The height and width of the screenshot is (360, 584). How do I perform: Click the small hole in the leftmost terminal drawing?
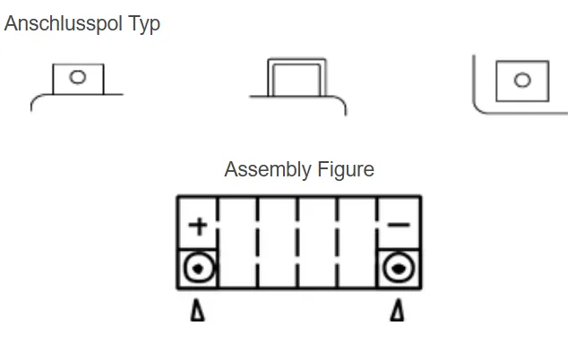point(77,77)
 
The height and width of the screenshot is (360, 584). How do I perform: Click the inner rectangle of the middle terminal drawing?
point(296,79)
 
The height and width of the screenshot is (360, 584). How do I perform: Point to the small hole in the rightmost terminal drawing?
point(521,80)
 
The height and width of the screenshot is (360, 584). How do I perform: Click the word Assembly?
point(267,169)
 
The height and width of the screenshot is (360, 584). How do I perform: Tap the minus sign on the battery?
point(399,224)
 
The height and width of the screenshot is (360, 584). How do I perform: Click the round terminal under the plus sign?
point(198,268)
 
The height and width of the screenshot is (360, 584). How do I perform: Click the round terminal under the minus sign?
point(399,268)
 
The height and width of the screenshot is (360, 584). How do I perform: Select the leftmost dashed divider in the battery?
point(218,242)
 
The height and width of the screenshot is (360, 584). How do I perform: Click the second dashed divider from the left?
point(258,242)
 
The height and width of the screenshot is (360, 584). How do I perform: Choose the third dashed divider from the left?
point(298,242)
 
